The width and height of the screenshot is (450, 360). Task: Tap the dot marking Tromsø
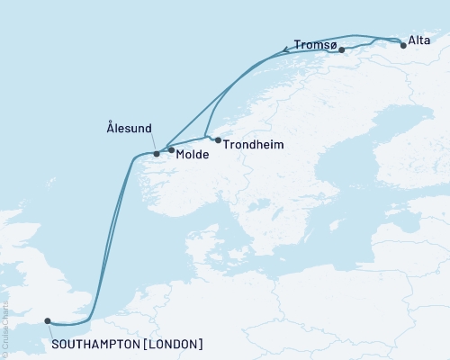pyautogui.click(x=342, y=50)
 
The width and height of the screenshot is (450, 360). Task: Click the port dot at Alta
pyautogui.click(x=403, y=44)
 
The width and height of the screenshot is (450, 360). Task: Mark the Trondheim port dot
pyautogui.click(x=218, y=140)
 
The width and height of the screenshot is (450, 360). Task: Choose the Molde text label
pyautogui.click(x=193, y=155)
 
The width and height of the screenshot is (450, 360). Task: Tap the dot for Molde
pyautogui.click(x=171, y=150)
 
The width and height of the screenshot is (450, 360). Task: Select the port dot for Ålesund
pyautogui.click(x=157, y=154)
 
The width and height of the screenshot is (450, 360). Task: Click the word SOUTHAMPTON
pyautogui.click(x=98, y=344)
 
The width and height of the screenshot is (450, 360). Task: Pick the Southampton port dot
pyautogui.click(x=48, y=320)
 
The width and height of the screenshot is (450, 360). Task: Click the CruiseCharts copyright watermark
pyautogui.click(x=4, y=328)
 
